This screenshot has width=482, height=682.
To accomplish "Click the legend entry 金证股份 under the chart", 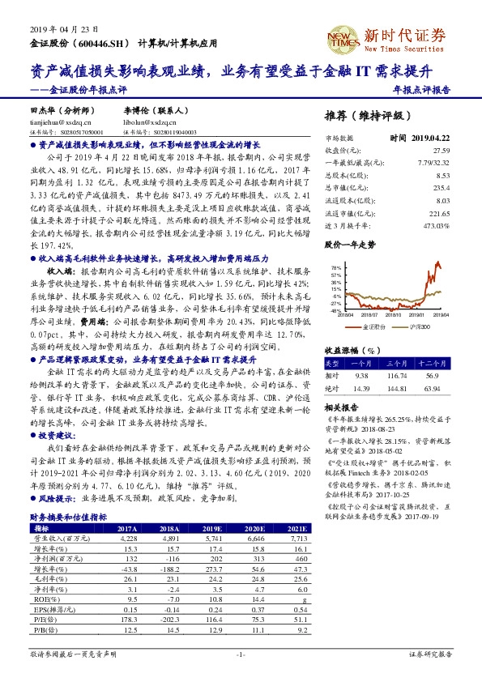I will [373, 326].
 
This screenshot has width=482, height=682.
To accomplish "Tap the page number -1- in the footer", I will [241, 654].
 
